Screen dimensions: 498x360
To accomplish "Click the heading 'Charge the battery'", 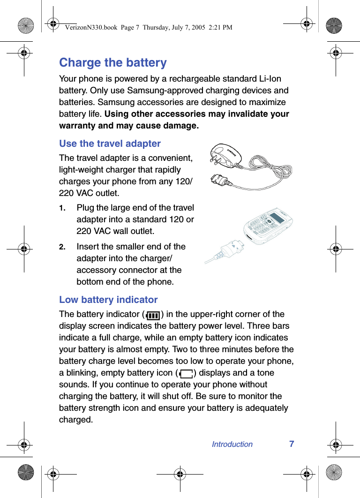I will point(112,62).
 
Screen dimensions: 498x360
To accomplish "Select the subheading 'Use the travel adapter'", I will point(110,143).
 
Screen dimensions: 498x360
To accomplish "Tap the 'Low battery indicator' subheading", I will point(108,300).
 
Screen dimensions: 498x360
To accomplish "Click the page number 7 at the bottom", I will point(292,444).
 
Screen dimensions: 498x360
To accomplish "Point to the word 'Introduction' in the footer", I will point(232,444).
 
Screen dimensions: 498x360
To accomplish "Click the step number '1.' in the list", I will point(62,208).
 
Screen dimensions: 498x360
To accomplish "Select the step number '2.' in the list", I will point(62,247).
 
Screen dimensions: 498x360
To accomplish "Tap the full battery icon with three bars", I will point(153,315).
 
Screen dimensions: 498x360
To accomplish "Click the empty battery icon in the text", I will point(187,374).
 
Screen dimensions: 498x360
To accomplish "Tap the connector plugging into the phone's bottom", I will point(234,247).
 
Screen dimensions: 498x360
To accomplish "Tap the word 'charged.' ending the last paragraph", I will point(76,420).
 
